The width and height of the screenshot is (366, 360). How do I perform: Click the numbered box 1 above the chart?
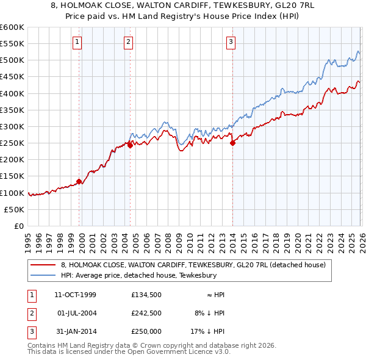78,42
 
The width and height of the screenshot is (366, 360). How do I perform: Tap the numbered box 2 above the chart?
129,42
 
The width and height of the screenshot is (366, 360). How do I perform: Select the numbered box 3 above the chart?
232,42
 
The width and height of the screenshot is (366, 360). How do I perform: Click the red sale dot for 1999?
79,181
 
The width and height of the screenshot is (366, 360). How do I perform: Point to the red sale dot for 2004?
130,145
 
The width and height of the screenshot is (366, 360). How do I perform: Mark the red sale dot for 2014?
232,143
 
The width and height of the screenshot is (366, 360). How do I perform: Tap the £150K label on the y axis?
12,176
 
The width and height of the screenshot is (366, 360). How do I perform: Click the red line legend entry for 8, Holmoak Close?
194,265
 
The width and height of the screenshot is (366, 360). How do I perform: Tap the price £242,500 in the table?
147,313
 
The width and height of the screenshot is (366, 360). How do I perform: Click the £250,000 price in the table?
147,331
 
